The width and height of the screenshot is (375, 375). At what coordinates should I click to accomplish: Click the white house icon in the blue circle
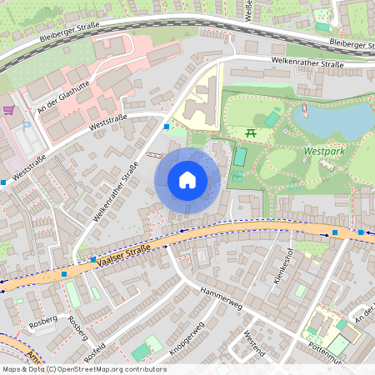pos(187,180)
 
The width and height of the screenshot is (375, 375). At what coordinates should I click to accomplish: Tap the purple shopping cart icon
pos(8,109)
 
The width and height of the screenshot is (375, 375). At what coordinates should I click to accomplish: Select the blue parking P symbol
pos(26,126)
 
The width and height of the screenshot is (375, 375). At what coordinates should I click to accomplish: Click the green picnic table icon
pos(251,132)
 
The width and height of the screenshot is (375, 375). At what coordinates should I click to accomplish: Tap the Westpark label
pos(324,152)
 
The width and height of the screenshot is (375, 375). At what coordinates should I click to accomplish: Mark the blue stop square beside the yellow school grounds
pos(167,127)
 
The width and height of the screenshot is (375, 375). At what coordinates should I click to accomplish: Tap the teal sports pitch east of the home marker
pos(240,156)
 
